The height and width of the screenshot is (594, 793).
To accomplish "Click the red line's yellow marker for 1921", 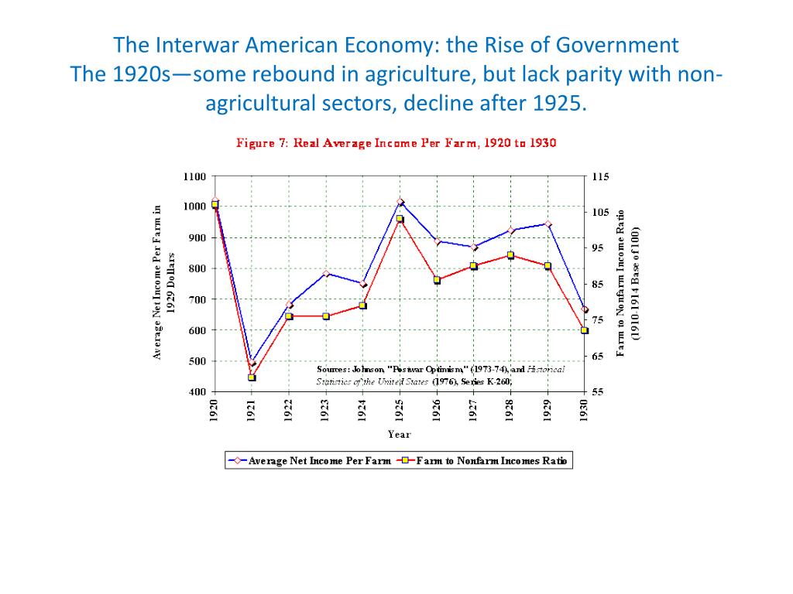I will [x=252, y=377].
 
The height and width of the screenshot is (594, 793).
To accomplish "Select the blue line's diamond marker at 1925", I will [x=400, y=202].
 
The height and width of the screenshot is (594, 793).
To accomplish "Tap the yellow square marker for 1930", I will [x=585, y=330].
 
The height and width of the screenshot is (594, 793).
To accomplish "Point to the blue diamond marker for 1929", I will [x=548, y=224].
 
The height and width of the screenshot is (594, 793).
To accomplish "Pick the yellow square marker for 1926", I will [x=437, y=280].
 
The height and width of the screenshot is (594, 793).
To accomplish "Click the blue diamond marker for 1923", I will [x=326, y=274].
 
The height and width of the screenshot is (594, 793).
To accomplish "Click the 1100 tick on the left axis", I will [x=194, y=176].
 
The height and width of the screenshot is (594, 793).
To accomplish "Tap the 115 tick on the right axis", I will [x=601, y=176].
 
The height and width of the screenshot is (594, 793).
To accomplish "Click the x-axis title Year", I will [x=400, y=435].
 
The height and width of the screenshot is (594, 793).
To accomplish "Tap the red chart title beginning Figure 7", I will [x=396, y=143].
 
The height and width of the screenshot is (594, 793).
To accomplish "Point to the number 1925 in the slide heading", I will [x=558, y=102].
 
